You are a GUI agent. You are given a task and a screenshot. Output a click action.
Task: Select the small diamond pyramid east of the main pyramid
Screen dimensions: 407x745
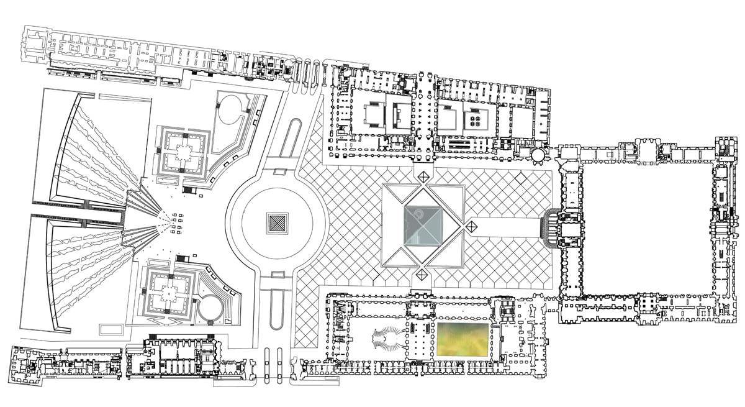coord(471,227)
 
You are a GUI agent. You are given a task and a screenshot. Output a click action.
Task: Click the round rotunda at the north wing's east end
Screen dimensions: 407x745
coord(537,154)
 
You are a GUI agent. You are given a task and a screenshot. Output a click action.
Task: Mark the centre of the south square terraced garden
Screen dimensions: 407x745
coord(169,291)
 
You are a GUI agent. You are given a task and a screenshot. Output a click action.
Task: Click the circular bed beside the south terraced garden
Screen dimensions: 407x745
coord(209,306)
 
